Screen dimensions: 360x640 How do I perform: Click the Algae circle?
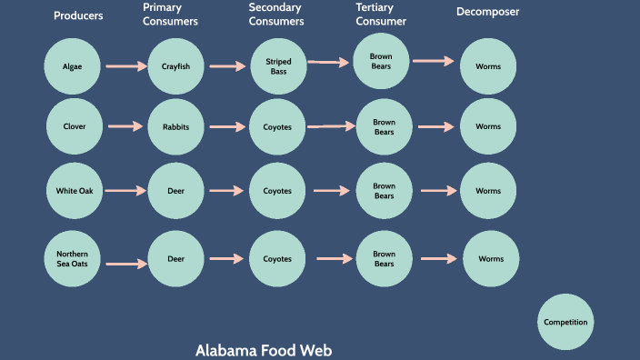coord(72,66)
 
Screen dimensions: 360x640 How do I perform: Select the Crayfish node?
coord(175,66)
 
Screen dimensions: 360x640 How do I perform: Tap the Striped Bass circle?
coord(277,66)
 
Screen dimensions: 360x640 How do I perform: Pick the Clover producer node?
coord(75,126)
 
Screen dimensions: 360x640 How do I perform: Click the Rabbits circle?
coord(175,127)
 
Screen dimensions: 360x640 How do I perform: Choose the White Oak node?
coord(75,191)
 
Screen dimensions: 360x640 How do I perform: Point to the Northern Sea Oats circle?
coord(72,258)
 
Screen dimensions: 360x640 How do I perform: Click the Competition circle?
coord(565,322)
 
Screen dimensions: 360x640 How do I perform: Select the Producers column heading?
coord(78,15)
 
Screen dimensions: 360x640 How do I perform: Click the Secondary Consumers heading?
coord(276,14)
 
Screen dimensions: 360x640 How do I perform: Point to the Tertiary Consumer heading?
coord(381,14)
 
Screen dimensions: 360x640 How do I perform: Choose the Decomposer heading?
coord(487,12)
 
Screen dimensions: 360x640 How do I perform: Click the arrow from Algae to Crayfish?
coord(125,66)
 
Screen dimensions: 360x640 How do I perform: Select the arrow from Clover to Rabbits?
coord(125,127)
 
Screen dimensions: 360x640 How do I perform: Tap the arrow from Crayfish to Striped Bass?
coord(227,66)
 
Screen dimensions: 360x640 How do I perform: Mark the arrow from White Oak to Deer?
coord(125,191)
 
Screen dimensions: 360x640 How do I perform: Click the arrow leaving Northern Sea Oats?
coord(125,264)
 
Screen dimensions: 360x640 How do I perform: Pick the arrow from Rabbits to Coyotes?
coord(227,127)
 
